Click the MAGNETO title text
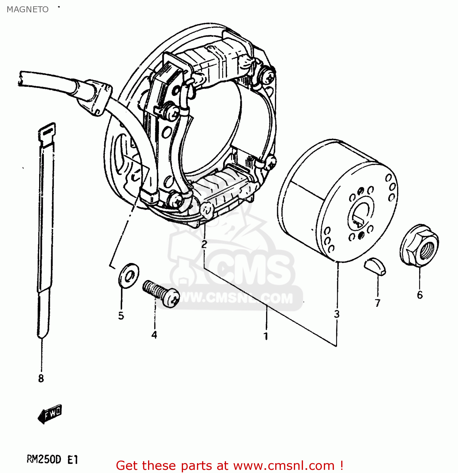27,9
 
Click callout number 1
266,336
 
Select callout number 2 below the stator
204,244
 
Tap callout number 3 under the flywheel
337,314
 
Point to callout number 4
154,335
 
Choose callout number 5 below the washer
121,316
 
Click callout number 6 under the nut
419,295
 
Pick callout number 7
378,303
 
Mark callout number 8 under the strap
41,378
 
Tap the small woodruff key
375,266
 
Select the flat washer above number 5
128,275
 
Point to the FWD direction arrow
50,414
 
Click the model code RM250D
44,460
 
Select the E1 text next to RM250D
73,460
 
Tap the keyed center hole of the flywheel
360,216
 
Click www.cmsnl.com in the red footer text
283,465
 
